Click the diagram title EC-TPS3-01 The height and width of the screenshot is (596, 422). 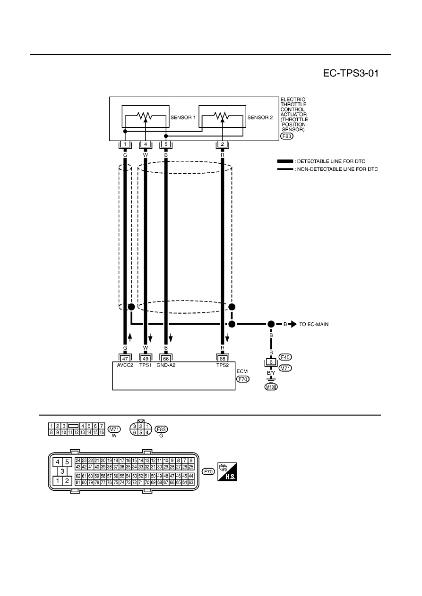tap(351, 73)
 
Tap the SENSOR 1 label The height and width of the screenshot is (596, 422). tap(183, 118)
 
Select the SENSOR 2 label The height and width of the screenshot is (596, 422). tap(260, 118)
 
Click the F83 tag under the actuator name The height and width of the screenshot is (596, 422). tap(287, 136)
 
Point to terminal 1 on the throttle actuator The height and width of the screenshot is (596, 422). tap(125, 144)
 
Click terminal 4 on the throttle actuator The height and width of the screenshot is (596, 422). tap(146, 144)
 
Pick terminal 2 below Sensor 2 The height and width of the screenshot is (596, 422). tap(223, 144)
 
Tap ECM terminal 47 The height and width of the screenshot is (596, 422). tap(125, 359)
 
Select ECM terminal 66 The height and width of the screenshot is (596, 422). tap(166, 359)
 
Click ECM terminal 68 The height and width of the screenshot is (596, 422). tap(223, 359)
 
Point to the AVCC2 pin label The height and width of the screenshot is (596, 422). tap(125, 365)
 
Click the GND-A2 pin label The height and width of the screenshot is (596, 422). tap(166, 365)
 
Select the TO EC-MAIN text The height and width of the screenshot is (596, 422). tap(314, 324)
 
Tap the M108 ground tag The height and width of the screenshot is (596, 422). tap(271, 387)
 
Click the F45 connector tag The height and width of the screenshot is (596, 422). tap(285, 357)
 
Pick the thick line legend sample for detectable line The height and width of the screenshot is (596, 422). tap(285, 161)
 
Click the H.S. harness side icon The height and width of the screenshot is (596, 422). tap(227, 472)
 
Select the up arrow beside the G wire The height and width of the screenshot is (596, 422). tap(130, 337)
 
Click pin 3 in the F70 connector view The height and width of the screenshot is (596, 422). tap(62, 471)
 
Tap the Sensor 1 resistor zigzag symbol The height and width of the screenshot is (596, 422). tap(144, 116)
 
